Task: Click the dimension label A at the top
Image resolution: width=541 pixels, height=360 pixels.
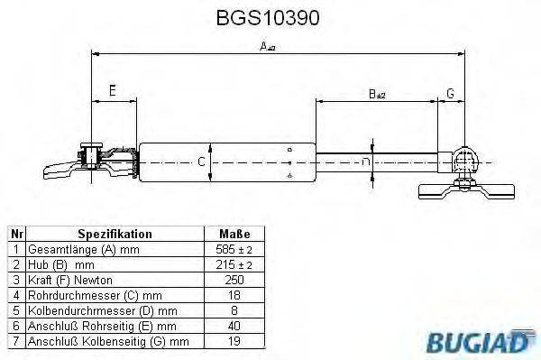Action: (x=267, y=46)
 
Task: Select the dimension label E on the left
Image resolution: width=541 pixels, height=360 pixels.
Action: (x=112, y=90)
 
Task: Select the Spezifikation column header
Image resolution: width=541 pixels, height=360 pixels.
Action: (x=102, y=234)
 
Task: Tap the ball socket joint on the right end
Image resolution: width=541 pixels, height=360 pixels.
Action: (x=466, y=160)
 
